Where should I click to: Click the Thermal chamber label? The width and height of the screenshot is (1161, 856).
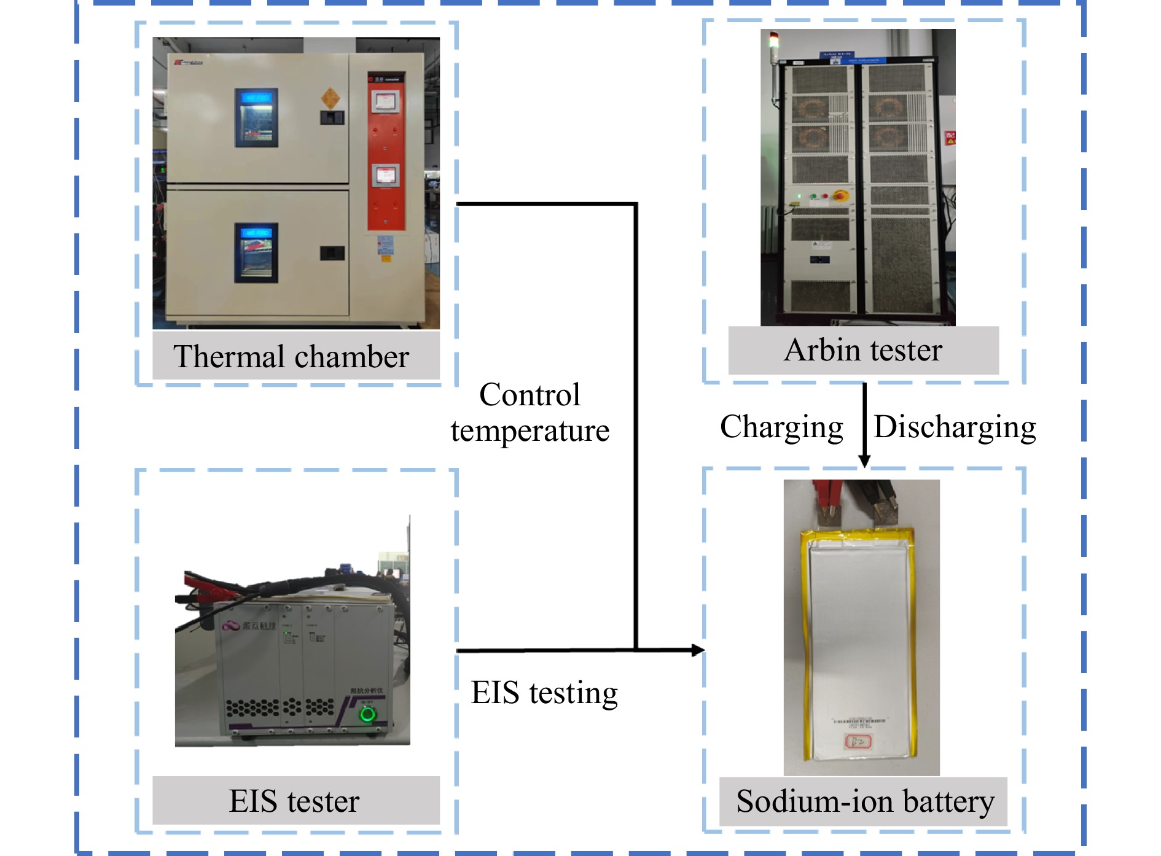click(x=291, y=357)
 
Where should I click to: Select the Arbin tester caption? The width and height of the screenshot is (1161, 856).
click(x=863, y=351)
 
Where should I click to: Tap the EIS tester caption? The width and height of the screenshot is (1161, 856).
click(x=294, y=801)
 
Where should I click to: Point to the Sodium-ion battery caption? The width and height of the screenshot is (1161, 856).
click(x=865, y=801)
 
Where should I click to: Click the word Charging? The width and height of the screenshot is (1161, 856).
click(x=781, y=427)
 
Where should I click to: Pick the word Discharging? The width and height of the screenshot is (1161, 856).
click(x=955, y=427)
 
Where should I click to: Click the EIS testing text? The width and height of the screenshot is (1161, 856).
click(x=544, y=693)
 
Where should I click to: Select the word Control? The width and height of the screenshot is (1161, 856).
click(x=530, y=395)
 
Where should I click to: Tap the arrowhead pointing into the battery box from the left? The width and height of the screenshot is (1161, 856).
click(x=698, y=650)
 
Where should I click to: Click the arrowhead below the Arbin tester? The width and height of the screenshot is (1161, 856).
click(x=864, y=461)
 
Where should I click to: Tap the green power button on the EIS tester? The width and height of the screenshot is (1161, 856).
click(x=367, y=714)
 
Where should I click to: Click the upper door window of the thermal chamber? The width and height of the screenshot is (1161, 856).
click(x=256, y=117)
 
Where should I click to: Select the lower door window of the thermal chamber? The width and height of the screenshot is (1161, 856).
click(x=256, y=252)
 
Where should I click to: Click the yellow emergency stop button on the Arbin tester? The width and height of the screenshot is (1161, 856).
click(x=840, y=196)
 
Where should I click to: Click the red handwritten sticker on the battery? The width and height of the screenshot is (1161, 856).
click(x=858, y=742)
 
